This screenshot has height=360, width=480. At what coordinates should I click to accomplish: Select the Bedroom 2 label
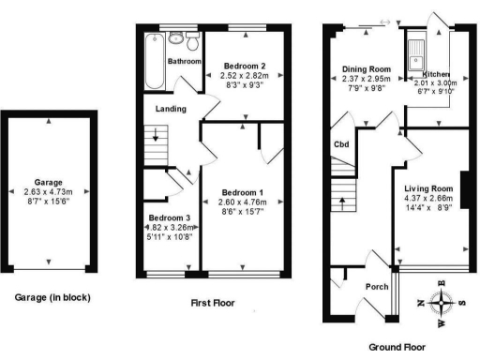tap(243, 66)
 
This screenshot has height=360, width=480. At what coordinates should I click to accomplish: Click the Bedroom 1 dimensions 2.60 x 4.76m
tap(243, 203)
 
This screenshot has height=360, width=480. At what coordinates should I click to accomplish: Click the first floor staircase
tap(153, 146)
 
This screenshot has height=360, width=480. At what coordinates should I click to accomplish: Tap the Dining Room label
tap(366, 68)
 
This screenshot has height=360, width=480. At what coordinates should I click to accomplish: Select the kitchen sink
tap(414, 52)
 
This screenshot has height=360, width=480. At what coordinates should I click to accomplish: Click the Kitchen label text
tap(437, 74)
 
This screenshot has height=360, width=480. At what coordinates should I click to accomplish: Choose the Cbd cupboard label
tap(342, 144)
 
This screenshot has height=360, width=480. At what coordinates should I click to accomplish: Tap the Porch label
tap(376, 287)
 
